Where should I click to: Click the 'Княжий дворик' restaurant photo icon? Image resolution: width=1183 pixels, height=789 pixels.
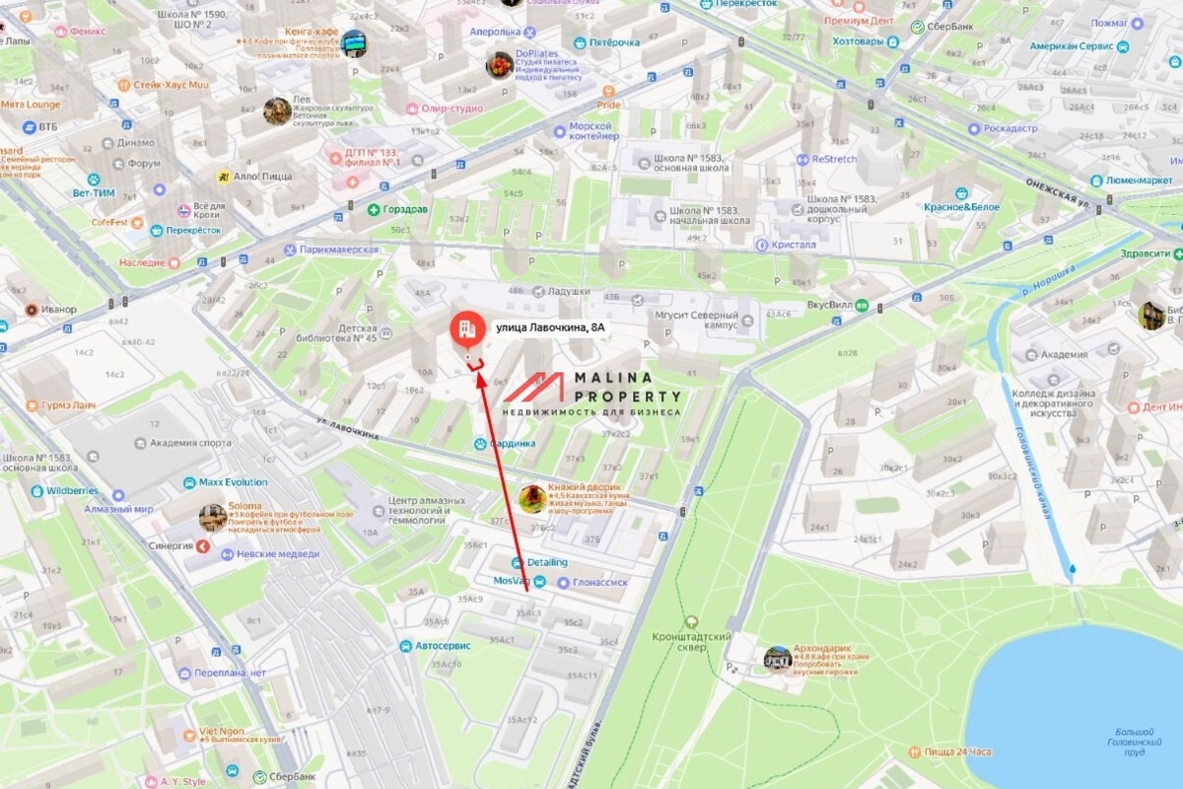point(533,498)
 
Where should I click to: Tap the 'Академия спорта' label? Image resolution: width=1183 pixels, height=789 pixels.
point(190,443)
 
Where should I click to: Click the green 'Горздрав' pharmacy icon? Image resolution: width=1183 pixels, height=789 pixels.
point(374,210)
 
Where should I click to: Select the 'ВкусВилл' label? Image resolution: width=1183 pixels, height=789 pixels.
point(828,306)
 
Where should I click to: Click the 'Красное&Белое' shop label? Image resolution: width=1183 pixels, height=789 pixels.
point(961,207)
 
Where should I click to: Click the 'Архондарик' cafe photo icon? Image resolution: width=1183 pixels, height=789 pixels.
point(777,658)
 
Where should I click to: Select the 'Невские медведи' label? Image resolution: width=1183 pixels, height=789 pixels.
point(278,554)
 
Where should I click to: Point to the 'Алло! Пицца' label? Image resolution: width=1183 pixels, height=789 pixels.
point(262,177)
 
